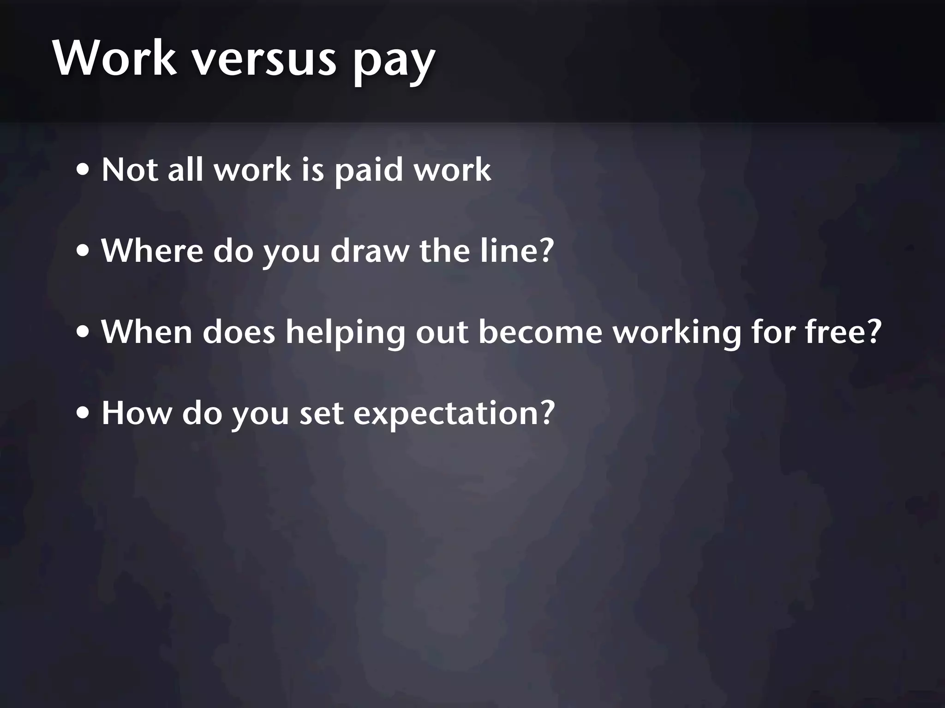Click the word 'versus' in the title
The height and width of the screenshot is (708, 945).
[x=264, y=60]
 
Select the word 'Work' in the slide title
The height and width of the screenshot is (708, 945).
[x=114, y=59]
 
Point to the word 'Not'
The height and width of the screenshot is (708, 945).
[x=129, y=170]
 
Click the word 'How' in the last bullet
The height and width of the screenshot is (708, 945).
[x=136, y=413]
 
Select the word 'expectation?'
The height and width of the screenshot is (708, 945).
[x=454, y=414]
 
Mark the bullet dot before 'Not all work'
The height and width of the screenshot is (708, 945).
[x=84, y=171]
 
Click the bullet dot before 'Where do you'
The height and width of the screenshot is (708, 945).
[x=84, y=252]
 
